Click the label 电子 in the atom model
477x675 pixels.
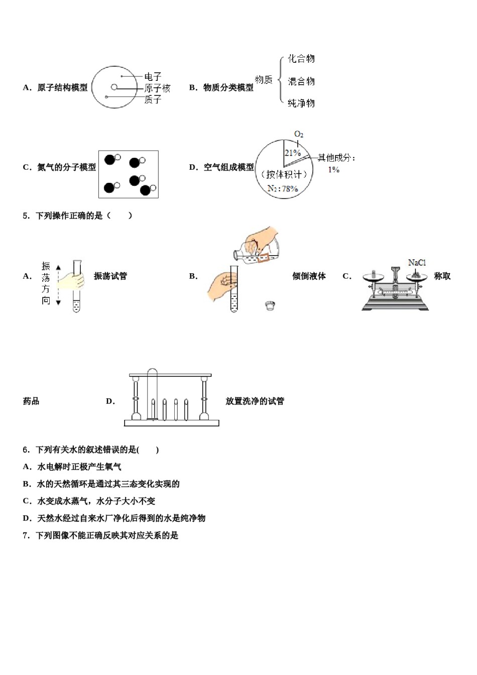click(153, 77)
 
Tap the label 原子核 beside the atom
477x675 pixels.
click(157, 88)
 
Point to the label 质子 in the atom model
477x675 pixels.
click(153, 99)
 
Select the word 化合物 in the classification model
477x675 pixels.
click(301, 59)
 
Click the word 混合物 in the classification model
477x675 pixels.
click(301, 81)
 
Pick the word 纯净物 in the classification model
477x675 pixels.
click(301, 103)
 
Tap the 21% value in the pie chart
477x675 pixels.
click(292, 153)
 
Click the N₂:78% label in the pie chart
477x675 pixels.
click(283, 189)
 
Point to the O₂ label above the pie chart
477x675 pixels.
click(299, 134)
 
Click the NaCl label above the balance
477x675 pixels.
click(417, 263)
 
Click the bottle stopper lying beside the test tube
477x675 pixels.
click(270, 305)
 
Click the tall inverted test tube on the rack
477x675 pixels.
click(152, 394)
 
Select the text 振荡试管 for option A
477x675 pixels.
click(110, 276)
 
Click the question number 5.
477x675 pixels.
click(26, 216)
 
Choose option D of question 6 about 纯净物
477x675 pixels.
click(114, 518)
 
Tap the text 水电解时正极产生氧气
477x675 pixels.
click(79, 467)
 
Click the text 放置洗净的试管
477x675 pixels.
click(255, 401)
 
